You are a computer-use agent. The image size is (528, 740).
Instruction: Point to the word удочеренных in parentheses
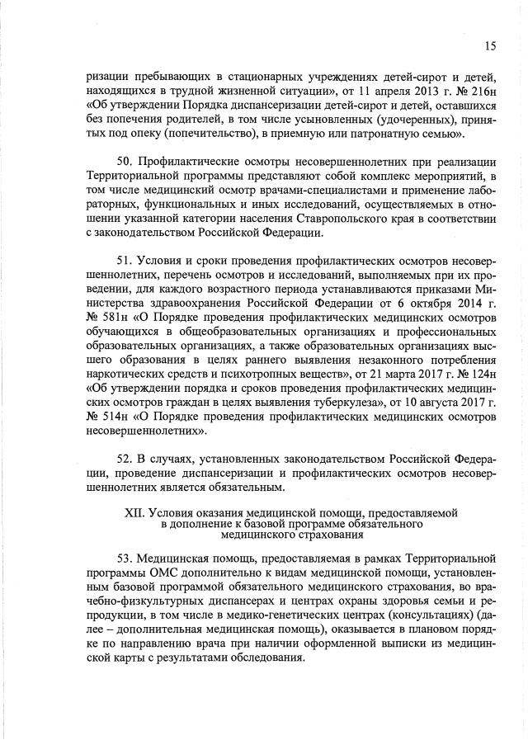click(358, 118)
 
